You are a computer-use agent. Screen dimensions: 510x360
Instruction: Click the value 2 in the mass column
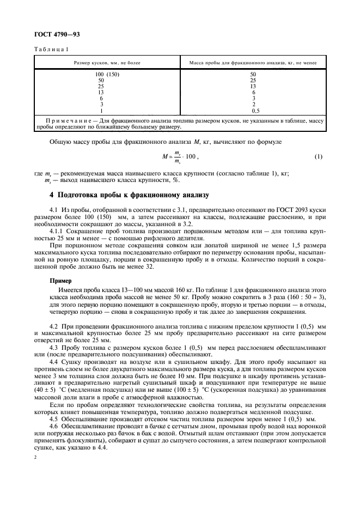[253, 104]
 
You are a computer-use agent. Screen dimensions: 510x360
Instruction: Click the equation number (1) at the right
[319, 157]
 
